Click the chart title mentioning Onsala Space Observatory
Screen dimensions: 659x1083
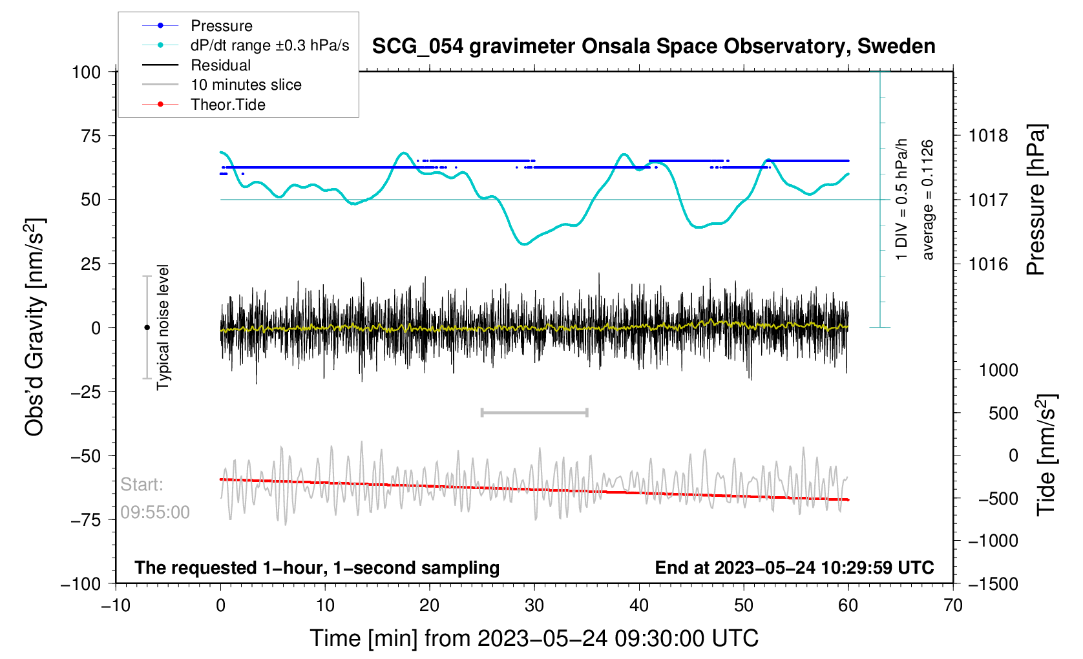653,47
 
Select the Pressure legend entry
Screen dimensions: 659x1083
221,26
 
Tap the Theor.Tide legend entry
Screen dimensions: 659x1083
227,105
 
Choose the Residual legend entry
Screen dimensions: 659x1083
220,65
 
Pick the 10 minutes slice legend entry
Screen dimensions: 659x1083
246,85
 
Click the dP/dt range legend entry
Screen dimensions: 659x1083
269,45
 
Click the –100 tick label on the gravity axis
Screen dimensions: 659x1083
81,584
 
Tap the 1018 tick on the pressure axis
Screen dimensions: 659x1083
988,136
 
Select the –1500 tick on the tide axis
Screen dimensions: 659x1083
993,584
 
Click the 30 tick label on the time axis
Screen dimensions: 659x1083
534,606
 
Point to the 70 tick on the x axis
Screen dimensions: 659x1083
953,606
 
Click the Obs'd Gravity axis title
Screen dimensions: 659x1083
35,328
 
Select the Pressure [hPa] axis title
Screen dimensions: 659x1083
1036,200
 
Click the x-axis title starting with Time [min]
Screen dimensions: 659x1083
534,638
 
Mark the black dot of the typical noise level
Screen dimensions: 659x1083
147,328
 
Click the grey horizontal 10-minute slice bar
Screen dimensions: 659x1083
534,412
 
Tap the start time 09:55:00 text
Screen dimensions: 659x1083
155,512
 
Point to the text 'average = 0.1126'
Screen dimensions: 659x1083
928,200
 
